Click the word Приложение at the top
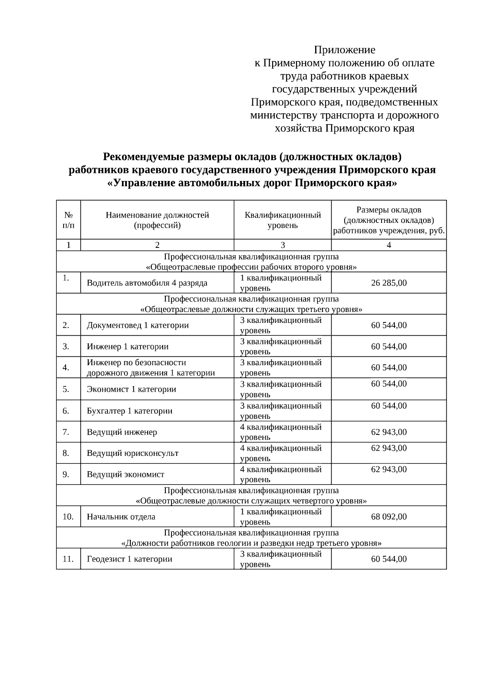[x=344, y=50]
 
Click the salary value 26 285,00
[x=388, y=283]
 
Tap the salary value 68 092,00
[x=388, y=517]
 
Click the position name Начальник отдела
[x=121, y=517]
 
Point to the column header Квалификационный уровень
[x=283, y=220]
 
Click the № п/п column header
[x=68, y=220]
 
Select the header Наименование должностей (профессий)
[x=157, y=220]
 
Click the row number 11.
[x=68, y=559]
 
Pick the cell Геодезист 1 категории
[x=129, y=559]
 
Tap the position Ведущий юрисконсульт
[x=132, y=453]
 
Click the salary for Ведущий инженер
[x=388, y=432]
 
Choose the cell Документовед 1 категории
[x=138, y=325]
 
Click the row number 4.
[x=66, y=368]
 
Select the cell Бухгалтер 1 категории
[x=129, y=411]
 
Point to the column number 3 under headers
[x=283, y=245]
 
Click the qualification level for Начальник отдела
[x=281, y=517]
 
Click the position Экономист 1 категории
[x=131, y=389]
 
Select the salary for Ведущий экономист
[x=388, y=470]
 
